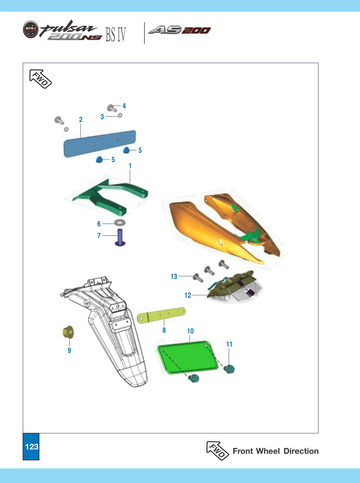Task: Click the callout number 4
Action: [x=124, y=106]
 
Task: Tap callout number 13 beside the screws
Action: [x=174, y=277]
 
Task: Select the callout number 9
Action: [x=69, y=350]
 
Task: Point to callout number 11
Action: [x=229, y=344]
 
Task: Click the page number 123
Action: [x=32, y=446]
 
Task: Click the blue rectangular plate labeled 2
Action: [x=100, y=144]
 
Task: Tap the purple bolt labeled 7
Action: [x=120, y=238]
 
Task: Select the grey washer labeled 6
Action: [x=120, y=222]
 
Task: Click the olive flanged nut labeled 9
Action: [x=68, y=332]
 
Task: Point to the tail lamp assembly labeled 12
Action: [x=234, y=287]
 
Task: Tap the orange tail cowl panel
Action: [x=220, y=229]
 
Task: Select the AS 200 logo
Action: [x=179, y=30]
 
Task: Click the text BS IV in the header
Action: [x=116, y=35]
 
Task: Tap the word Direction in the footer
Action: [x=301, y=451]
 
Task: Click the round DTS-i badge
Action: [x=30, y=29]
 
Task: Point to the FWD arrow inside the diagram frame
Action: [x=40, y=79]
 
